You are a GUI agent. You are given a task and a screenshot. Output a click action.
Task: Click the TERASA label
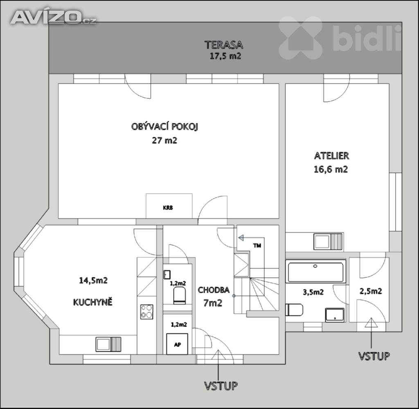[x=224, y=45]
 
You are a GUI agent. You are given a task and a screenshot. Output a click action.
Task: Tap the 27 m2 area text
[x=164, y=140]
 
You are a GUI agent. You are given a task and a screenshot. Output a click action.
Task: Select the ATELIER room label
[x=331, y=155]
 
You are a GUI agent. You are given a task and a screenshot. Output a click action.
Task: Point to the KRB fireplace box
[x=169, y=206]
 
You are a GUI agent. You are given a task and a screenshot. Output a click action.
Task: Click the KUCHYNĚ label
[x=93, y=302]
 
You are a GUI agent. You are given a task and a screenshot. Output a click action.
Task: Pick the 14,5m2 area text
[x=93, y=281]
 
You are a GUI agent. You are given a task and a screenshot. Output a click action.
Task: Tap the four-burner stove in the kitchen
[x=147, y=312]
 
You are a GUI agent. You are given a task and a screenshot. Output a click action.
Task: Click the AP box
[x=177, y=344]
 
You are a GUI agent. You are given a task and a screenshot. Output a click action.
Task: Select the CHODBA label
[x=214, y=290]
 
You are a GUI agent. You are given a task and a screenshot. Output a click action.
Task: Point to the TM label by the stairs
[x=257, y=245]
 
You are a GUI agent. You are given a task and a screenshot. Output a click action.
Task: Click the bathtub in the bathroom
[x=315, y=272]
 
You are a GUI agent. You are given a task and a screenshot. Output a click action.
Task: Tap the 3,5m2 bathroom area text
[x=313, y=292]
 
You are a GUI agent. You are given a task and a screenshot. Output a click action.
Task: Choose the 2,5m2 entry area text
[x=371, y=291]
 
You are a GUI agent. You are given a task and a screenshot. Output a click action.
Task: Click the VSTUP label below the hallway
[x=221, y=386]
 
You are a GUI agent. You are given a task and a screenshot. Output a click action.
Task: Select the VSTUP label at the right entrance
[x=374, y=356]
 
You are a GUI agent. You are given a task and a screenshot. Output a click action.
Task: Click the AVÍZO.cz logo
[x=54, y=17]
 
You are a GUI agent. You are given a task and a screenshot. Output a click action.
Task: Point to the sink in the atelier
[x=329, y=241]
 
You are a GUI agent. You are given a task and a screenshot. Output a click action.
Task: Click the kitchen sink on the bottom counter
[x=108, y=344]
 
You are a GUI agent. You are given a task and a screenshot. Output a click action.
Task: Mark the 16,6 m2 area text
[x=331, y=169]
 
